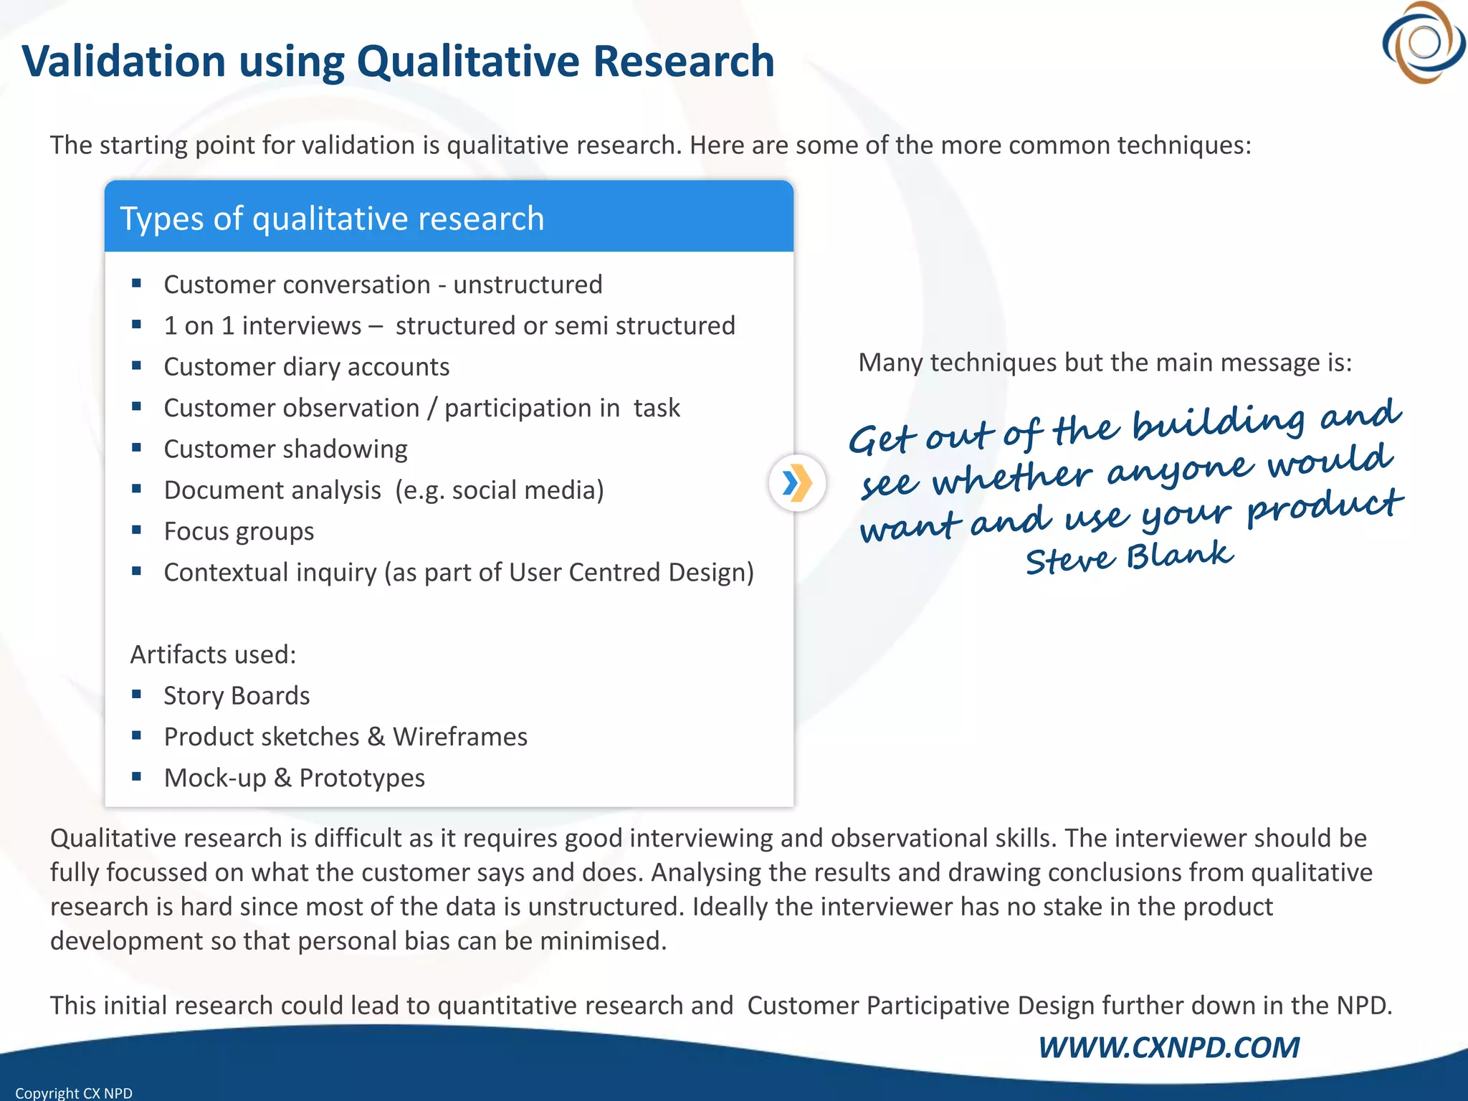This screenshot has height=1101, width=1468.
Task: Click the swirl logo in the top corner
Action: (x=1423, y=43)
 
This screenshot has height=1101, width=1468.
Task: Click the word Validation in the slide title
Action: (x=123, y=62)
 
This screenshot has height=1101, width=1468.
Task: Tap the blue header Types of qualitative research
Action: (x=332, y=219)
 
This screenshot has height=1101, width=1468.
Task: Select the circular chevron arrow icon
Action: (x=797, y=482)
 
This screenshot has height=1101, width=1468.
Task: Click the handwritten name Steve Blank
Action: (x=1129, y=558)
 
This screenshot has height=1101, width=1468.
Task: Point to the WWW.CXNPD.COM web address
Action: (x=1168, y=1047)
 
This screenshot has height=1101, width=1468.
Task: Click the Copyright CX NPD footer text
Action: (x=74, y=1092)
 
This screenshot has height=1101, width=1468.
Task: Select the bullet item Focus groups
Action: (x=239, y=531)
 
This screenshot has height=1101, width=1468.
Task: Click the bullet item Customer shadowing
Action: (x=285, y=449)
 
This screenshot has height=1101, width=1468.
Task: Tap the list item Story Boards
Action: (x=237, y=696)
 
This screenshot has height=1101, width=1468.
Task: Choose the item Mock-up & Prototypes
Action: (x=294, y=778)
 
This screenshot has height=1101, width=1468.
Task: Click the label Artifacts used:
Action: (x=213, y=654)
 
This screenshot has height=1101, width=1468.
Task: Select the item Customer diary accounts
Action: (x=306, y=367)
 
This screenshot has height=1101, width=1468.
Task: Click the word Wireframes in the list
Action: (x=459, y=737)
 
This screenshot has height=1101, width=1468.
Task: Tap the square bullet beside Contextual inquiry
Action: (x=137, y=571)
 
